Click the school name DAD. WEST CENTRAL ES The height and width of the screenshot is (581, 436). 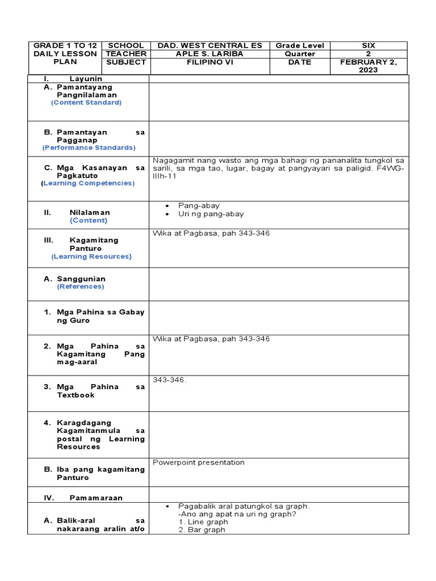click(209, 45)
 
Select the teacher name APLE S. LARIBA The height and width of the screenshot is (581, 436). click(209, 54)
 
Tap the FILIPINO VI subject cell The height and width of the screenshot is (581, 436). click(209, 62)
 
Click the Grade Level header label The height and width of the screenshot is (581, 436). click(300, 45)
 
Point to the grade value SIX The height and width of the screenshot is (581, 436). click(368, 45)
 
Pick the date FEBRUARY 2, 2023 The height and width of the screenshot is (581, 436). click(368, 66)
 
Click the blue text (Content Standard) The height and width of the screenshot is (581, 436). click(86, 103)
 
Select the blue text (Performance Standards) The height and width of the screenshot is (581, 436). click(89, 148)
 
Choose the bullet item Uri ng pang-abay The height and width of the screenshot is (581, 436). click(211, 214)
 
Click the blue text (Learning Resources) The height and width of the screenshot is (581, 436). click(91, 256)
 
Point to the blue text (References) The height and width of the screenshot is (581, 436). click(80, 287)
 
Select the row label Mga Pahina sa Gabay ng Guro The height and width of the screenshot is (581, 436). click(100, 316)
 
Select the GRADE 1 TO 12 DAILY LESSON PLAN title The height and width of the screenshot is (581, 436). click(65, 53)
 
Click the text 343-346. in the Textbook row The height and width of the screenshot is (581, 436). click(170, 380)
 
